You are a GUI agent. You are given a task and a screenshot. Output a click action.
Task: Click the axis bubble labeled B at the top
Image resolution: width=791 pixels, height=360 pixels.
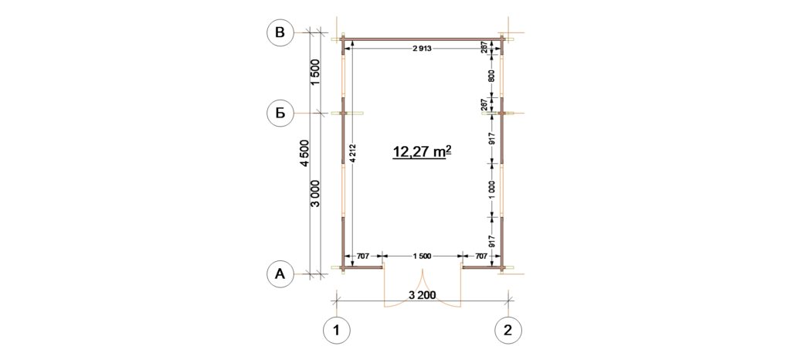coord(280,32)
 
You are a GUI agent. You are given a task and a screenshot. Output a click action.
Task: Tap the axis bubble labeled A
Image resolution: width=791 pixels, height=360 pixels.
coord(280,274)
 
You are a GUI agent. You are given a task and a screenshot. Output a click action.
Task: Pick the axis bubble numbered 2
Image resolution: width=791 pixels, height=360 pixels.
coord(508,331)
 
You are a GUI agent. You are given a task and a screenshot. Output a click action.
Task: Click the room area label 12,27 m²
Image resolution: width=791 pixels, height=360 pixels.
coord(422,151)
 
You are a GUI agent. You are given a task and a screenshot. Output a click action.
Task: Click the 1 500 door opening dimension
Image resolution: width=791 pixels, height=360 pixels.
coord(422,256)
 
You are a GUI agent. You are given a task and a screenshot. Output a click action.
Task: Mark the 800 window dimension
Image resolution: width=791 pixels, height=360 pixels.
coord(492,75)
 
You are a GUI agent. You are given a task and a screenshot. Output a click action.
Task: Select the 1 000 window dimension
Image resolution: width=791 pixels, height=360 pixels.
coord(492,189)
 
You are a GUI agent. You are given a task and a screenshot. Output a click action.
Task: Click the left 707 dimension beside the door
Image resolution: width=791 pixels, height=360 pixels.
coord(363,256)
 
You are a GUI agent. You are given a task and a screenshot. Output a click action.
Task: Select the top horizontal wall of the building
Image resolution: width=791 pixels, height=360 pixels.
coord(423,39)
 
